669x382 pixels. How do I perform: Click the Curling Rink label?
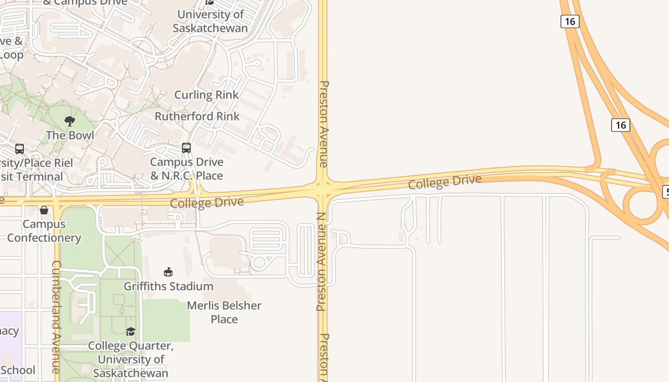click(x=206, y=95)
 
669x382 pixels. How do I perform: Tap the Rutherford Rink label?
click(x=197, y=116)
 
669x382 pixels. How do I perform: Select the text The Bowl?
click(x=70, y=135)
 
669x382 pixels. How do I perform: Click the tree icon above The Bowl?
click(x=70, y=121)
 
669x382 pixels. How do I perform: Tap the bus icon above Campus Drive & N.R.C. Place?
click(x=186, y=148)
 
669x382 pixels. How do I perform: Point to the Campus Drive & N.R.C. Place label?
click(x=186, y=169)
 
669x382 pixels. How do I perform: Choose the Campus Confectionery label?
click(x=44, y=231)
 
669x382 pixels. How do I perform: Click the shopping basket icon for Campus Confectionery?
click(x=44, y=210)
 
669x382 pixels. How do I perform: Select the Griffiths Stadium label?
click(x=168, y=286)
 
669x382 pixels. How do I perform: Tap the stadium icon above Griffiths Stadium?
click(x=168, y=272)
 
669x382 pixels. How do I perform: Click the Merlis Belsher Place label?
click(x=224, y=312)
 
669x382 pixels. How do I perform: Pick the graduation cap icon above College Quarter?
click(x=130, y=331)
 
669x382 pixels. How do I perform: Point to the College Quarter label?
click(x=130, y=359)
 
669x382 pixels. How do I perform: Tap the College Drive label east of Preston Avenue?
click(x=444, y=181)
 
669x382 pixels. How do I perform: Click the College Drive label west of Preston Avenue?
click(x=207, y=202)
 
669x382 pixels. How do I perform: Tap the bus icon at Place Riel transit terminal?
click(x=20, y=149)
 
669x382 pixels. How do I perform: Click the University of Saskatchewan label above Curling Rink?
click(x=210, y=21)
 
